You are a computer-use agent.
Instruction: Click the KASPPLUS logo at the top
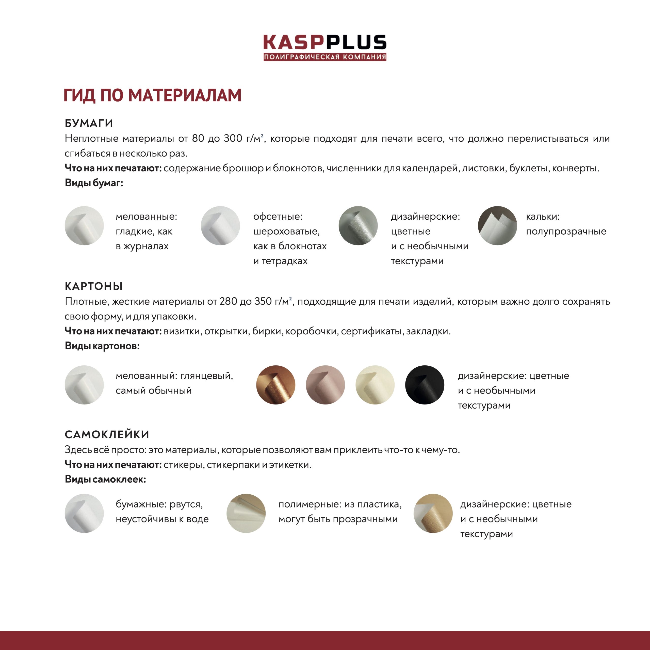coord(325,47)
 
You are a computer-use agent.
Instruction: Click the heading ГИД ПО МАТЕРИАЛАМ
coord(152,95)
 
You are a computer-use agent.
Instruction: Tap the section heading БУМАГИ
coord(89,123)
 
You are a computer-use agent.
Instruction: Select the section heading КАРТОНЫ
coord(93,286)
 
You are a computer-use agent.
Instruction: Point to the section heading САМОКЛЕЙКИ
coord(107,434)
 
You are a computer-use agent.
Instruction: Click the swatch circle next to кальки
coord(497,226)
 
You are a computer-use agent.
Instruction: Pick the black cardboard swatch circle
coord(425,385)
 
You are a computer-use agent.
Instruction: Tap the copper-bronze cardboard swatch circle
coord(276,385)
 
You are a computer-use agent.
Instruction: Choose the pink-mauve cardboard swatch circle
coord(325,385)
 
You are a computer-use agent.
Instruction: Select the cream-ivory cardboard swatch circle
coord(375,385)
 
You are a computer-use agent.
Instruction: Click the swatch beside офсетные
coord(220,226)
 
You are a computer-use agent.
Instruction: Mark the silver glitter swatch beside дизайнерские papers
coord(358,226)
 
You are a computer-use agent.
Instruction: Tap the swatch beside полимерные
coord(246,513)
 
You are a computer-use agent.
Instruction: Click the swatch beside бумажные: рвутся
coord(84,513)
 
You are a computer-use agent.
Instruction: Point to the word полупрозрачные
coord(566,232)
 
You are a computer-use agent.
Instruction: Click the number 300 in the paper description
coord(233,138)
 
